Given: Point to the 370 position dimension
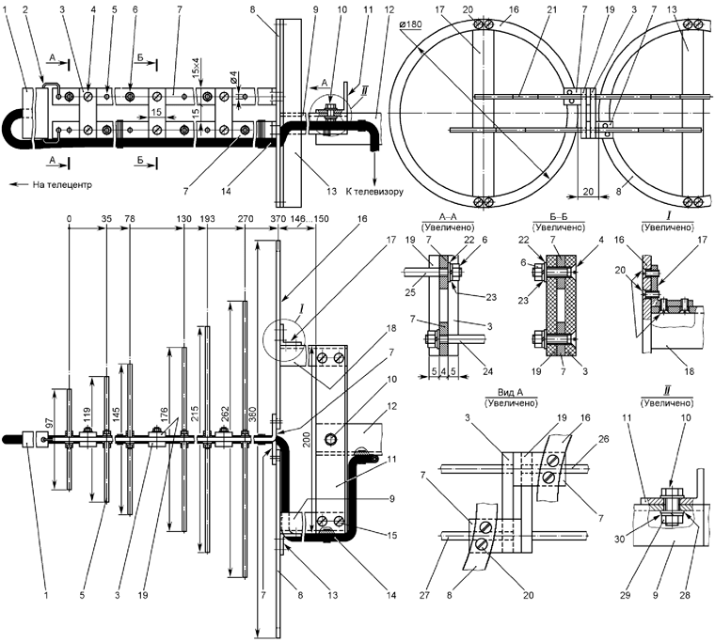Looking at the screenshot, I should [278, 219].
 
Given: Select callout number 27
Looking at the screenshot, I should [437, 591].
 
